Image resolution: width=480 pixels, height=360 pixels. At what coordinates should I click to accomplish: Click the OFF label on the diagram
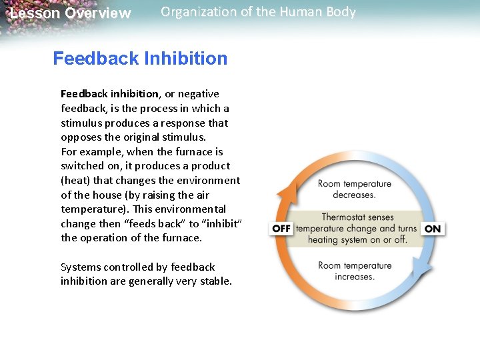281,229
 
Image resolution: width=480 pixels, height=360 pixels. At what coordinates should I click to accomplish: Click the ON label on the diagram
433,229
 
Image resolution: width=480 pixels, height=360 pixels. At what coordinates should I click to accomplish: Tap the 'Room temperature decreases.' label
354,189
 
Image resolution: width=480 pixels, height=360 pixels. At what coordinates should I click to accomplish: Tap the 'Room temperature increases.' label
354,271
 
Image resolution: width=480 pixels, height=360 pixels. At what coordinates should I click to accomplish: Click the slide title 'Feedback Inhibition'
140,59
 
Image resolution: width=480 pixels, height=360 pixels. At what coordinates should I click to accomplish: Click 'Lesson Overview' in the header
70,13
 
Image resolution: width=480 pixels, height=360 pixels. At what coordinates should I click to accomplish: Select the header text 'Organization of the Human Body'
258,12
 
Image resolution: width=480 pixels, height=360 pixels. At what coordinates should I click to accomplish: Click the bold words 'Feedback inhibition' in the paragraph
109,94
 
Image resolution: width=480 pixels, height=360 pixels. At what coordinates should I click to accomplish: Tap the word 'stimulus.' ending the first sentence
186,138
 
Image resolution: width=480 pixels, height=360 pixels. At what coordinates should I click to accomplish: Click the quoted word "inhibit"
221,224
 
